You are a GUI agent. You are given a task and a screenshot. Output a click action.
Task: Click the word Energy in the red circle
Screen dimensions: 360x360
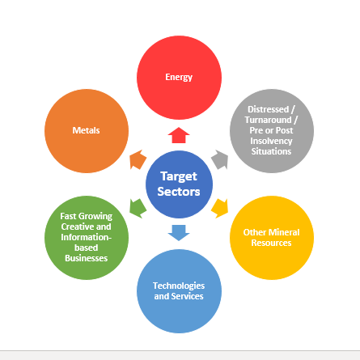coord(179,78)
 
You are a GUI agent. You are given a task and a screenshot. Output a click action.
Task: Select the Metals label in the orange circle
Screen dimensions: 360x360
coord(86,130)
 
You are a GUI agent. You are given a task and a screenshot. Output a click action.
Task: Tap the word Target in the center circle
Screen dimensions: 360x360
coord(179,176)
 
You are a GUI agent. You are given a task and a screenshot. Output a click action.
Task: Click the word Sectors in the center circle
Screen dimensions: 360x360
coord(179,192)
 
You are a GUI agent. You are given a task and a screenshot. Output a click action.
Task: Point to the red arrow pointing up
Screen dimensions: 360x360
coord(179,135)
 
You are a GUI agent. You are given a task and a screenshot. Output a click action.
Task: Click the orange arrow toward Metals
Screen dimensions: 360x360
coord(138,159)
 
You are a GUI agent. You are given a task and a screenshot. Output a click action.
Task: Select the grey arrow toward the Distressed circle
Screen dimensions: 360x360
coord(220,159)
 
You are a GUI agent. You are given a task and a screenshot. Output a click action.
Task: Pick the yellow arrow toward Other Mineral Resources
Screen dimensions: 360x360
coord(220,208)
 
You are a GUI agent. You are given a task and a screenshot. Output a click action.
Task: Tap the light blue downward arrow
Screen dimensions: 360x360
coord(179,233)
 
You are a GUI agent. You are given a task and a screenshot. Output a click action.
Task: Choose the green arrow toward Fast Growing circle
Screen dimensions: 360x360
coord(138,208)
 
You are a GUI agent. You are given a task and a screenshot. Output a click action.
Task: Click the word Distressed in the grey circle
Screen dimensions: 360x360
coord(268,109)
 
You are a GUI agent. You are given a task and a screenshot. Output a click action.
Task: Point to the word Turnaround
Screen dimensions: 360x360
coord(268,120)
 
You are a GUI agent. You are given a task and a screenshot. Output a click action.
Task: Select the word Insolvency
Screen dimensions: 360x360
coord(271,141)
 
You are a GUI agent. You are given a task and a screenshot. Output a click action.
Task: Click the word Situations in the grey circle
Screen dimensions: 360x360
coord(271,151)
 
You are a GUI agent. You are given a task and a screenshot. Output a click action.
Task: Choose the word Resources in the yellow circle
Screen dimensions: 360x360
coord(271,243)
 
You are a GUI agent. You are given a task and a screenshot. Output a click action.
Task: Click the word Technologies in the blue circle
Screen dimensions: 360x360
coord(179,286)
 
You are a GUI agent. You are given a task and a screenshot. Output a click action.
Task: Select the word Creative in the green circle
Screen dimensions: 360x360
coord(78,227)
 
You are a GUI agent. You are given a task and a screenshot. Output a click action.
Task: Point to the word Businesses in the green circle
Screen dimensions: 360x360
coord(86,258)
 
